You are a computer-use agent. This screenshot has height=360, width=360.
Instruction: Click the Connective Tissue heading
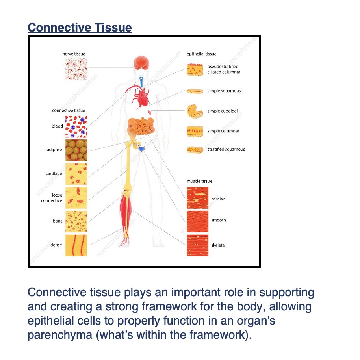point(80,28)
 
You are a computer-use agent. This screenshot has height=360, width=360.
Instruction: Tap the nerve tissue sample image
point(76,69)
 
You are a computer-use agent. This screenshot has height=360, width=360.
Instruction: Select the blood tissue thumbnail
point(76,126)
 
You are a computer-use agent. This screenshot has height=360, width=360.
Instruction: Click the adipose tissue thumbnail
point(76,150)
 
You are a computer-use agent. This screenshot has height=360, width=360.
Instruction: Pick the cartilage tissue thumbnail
point(76,174)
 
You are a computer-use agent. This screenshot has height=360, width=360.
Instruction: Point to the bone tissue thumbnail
point(76,221)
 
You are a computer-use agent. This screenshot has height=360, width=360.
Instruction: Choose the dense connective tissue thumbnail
point(76,245)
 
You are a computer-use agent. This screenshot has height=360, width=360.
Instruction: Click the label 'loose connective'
point(52,198)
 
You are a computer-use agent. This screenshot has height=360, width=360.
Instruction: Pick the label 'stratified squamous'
point(226,150)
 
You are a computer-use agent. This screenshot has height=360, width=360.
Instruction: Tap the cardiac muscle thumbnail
point(197,198)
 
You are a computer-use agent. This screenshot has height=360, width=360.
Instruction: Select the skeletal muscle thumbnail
point(197,245)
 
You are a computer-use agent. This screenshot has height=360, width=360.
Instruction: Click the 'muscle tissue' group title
point(199,181)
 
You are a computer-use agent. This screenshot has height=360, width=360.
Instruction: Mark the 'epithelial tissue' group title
point(201,54)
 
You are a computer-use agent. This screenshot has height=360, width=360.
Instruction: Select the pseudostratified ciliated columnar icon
point(196,70)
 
